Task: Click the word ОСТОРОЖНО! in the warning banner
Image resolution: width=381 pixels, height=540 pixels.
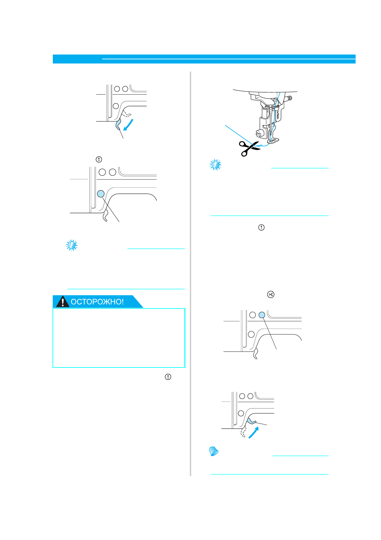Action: tap(97, 302)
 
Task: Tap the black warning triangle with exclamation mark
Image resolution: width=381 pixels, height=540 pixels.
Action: tap(63, 302)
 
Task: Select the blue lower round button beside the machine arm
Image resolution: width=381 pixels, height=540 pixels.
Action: tap(101, 193)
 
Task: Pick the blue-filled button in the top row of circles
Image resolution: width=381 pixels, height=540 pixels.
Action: tap(262, 315)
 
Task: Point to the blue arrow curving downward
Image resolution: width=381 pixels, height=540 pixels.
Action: tap(129, 125)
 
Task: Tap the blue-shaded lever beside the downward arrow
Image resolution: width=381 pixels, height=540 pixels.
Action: tap(118, 124)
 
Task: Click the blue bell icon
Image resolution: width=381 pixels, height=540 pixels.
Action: tap(214, 451)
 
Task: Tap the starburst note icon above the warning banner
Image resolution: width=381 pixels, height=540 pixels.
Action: tap(72, 245)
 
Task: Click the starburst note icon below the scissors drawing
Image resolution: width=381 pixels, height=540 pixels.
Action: tap(215, 165)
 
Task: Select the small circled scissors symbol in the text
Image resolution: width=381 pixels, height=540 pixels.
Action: tap(271, 294)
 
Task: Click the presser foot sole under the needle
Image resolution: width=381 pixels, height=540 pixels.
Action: tap(273, 140)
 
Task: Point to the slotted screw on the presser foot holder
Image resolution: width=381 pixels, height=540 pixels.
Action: tap(258, 132)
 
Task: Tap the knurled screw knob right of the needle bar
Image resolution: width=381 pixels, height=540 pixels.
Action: tap(289, 98)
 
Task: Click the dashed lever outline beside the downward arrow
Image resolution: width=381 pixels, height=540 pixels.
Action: tap(127, 113)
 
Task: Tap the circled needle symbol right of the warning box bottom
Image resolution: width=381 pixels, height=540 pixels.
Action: tap(168, 377)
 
